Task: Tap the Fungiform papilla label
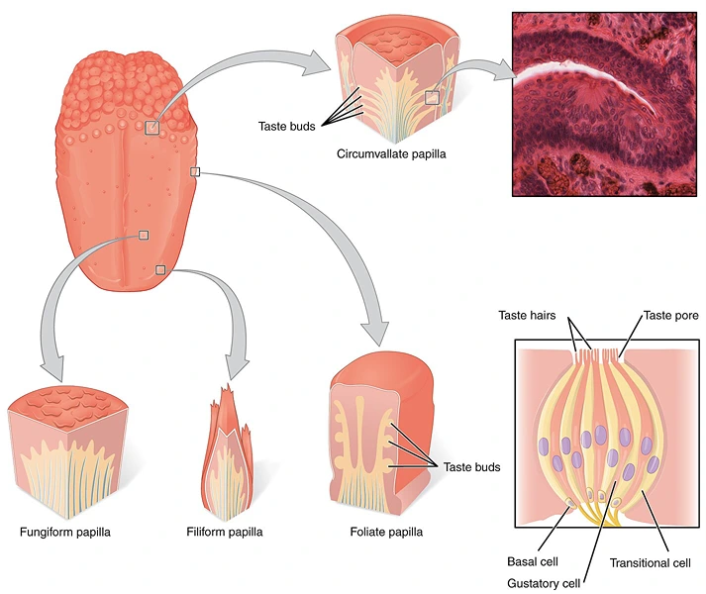(x=65, y=532)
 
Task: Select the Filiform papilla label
(x=225, y=532)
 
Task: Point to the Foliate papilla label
(x=386, y=532)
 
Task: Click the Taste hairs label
(x=533, y=316)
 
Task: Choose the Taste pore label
(x=671, y=316)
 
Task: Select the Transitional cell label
(x=650, y=561)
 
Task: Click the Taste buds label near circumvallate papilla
(x=286, y=127)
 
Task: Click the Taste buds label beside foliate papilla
(x=471, y=467)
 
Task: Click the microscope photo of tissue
(x=604, y=104)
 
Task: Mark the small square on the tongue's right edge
(x=195, y=172)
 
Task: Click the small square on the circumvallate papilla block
(x=432, y=97)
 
